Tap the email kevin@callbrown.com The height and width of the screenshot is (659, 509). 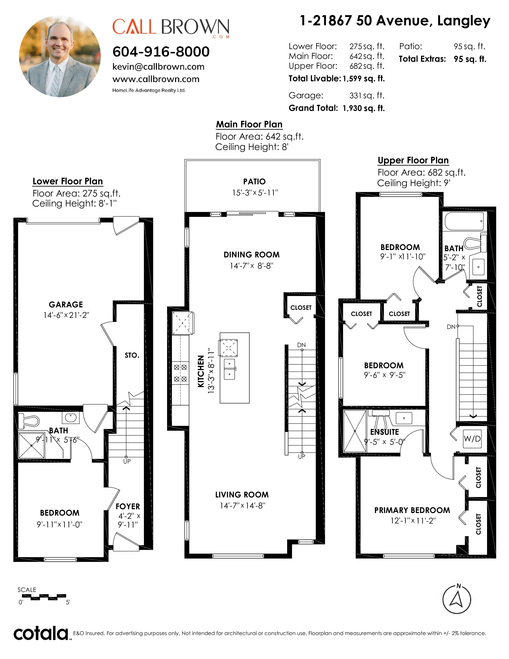(x=158, y=67)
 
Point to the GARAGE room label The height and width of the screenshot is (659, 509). (x=66, y=305)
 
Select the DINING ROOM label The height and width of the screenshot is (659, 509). (x=252, y=255)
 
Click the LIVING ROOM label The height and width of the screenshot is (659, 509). (x=242, y=495)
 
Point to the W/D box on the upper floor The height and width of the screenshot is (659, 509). (x=472, y=439)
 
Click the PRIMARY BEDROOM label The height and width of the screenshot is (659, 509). (x=412, y=510)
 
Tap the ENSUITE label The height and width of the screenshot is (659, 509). (x=384, y=432)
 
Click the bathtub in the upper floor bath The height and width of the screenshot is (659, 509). (x=465, y=221)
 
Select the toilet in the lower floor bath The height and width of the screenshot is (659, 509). (x=29, y=421)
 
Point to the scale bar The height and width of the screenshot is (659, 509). (x=44, y=597)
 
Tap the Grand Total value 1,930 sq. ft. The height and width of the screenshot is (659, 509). (x=364, y=108)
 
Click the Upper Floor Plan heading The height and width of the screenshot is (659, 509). (x=413, y=160)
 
